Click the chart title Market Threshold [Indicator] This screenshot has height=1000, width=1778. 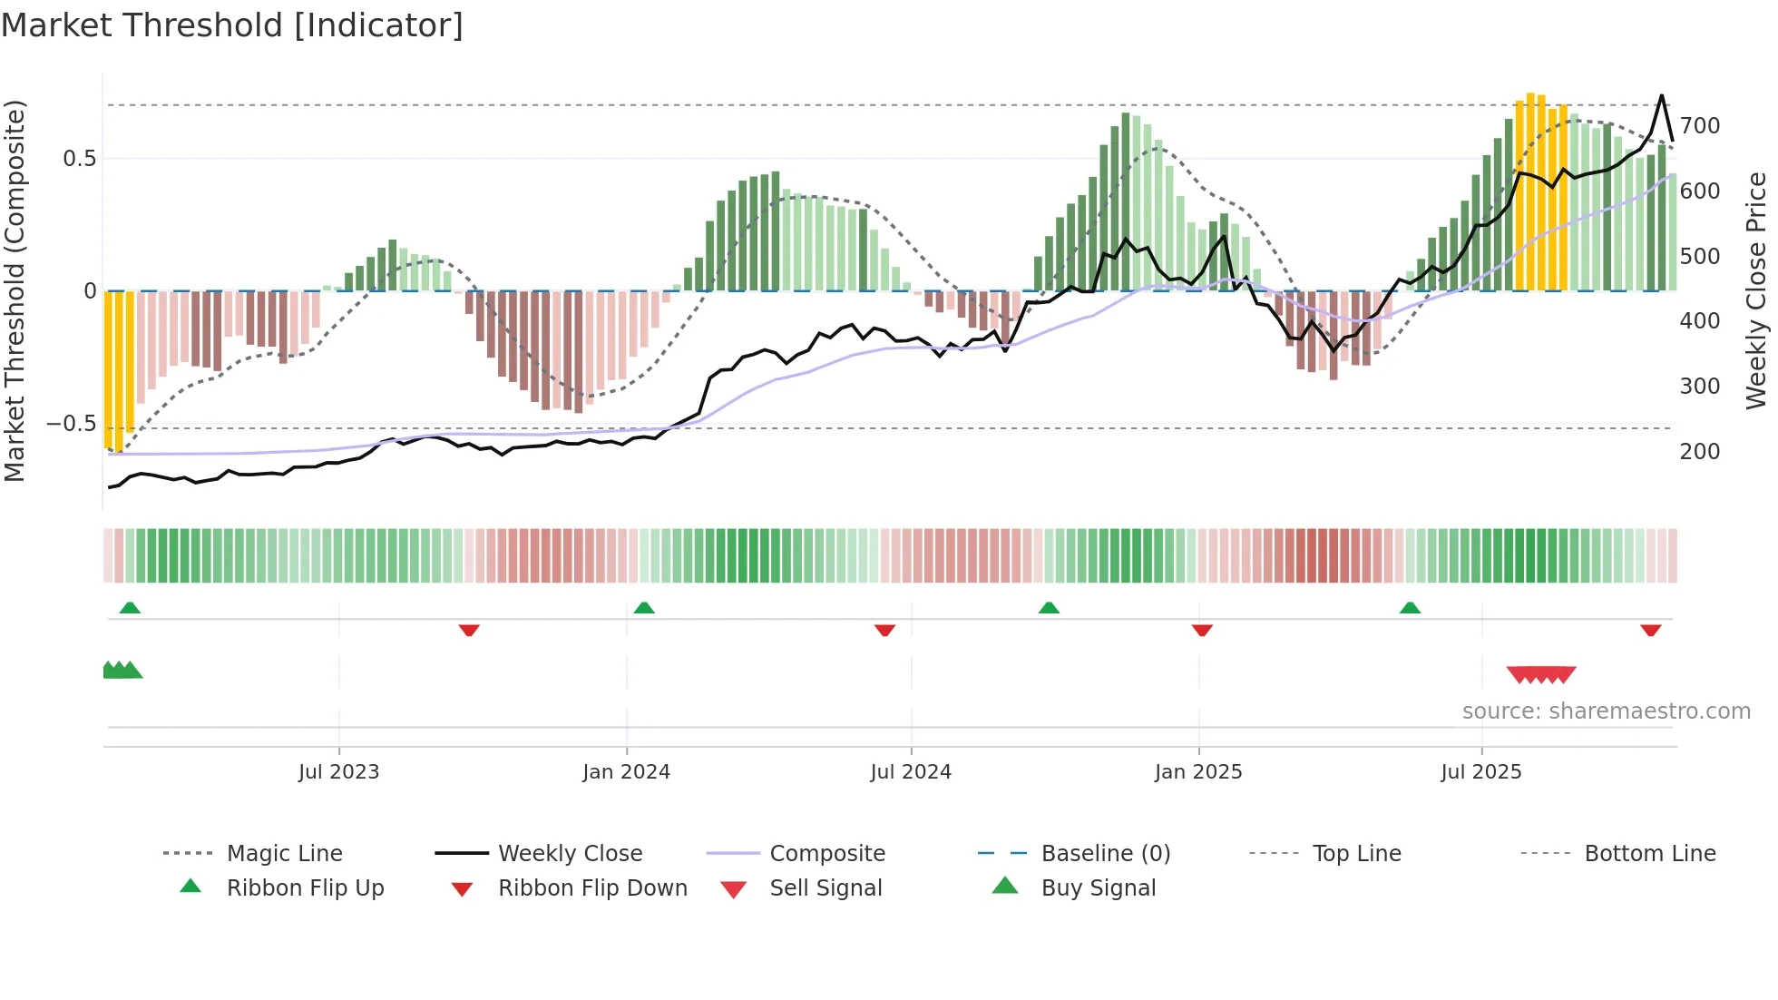232,25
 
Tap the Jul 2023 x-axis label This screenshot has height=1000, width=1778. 338,772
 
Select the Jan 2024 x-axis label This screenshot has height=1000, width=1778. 626,772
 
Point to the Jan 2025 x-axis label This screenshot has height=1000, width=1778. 1197,772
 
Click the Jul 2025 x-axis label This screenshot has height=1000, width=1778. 1480,772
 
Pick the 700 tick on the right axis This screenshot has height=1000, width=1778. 1699,126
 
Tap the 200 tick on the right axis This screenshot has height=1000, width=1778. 1699,452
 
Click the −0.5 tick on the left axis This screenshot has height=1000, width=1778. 71,425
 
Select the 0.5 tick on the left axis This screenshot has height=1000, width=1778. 79,159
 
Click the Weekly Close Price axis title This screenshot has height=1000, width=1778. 1756,290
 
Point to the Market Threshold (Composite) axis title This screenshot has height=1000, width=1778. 15,290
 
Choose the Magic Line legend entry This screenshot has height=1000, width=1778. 284,854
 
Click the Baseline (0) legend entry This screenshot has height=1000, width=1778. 1105,854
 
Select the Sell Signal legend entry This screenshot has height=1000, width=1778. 825,888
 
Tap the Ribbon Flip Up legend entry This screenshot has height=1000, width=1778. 305,888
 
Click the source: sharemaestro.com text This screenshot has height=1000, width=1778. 1606,711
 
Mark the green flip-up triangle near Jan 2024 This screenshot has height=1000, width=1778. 644,608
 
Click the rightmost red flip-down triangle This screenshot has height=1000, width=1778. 1650,630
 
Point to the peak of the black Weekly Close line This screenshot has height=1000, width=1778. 1662,95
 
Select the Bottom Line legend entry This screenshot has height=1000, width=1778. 1649,854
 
